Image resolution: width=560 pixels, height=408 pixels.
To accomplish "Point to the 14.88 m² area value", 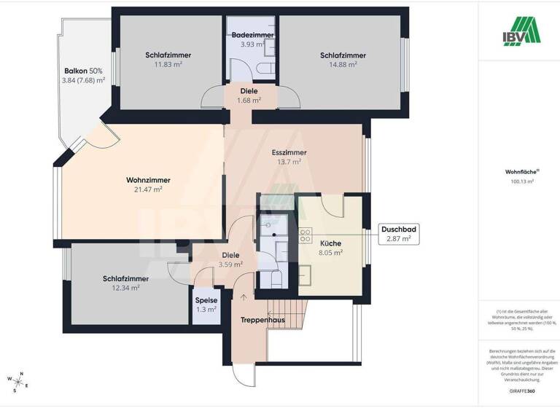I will point(343,64).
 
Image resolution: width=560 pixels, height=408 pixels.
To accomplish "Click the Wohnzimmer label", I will point(148,179).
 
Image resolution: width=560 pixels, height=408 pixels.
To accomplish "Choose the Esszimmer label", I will point(289,152).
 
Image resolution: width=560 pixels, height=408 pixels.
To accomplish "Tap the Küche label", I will point(330,243).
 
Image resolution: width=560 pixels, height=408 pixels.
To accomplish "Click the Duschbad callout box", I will point(397,234).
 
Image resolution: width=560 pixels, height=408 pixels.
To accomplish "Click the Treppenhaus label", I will point(263,320).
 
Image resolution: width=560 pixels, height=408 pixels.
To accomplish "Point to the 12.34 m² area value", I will point(125,288).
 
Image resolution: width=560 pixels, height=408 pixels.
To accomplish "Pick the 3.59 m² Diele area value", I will point(230,265).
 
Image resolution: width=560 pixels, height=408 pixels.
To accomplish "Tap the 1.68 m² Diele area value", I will point(249,101).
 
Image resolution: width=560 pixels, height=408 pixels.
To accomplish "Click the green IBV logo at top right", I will point(519,30).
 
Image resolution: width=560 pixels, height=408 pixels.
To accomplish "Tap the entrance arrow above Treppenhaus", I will point(244,296).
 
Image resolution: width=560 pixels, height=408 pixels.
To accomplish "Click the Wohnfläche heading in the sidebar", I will point(520,172).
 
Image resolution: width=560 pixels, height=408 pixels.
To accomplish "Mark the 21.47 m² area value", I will point(148,189).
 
